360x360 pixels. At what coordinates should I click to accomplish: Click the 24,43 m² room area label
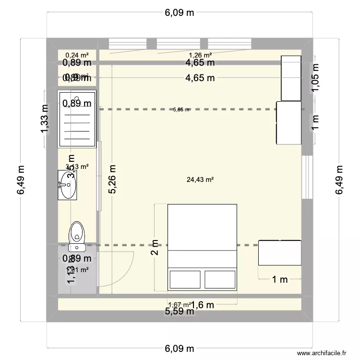tap(200, 180)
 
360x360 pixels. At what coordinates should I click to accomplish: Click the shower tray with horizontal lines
tap(77, 119)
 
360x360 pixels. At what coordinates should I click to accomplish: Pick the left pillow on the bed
tap(185, 279)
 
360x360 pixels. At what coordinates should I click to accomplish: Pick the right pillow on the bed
tap(220, 279)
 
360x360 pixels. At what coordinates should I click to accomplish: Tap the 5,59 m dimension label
tap(180, 312)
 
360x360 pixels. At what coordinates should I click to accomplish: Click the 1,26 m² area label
tap(200, 55)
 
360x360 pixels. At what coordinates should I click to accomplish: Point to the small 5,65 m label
tap(181, 109)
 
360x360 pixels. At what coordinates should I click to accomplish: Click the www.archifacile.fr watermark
tap(322, 352)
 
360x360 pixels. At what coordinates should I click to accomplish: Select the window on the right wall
tap(304, 176)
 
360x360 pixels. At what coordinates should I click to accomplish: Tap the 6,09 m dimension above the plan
tap(180, 13)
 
